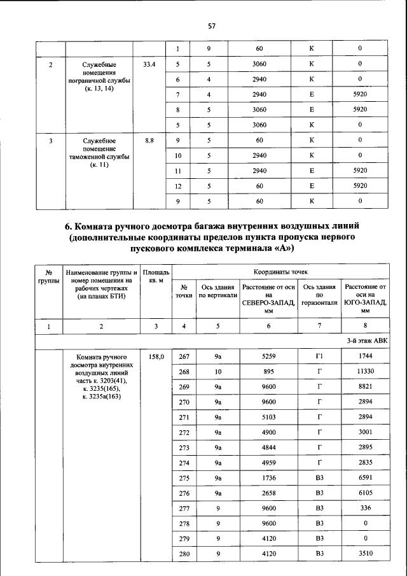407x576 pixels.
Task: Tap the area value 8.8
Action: (149, 140)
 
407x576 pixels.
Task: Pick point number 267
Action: (184, 358)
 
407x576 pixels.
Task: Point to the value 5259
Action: (268, 358)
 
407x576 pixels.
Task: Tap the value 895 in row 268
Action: (268, 372)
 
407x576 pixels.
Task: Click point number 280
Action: (184, 554)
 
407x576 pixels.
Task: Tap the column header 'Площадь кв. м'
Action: (156, 276)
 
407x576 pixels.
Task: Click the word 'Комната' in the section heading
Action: (105, 226)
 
